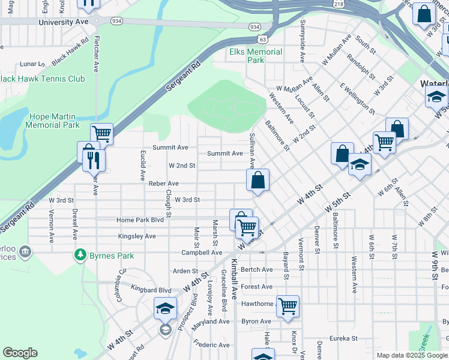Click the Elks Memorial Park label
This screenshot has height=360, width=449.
pyautogui.click(x=256, y=56)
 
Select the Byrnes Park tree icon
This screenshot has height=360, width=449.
pyautogui.click(x=80, y=255)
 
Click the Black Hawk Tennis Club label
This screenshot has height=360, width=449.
pyautogui.click(x=51, y=79)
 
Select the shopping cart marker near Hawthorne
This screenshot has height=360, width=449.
pyautogui.click(x=288, y=306)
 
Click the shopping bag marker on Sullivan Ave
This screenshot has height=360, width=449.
pyautogui.click(x=258, y=179)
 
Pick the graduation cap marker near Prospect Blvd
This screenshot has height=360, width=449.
pyautogui.click(x=165, y=308)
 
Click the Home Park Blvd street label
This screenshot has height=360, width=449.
pyautogui.click(x=140, y=220)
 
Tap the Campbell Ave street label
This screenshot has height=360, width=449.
pyautogui.click(x=202, y=253)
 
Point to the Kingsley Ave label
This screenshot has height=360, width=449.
pyautogui.click(x=137, y=236)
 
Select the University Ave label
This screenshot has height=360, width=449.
pyautogui.click(x=63, y=22)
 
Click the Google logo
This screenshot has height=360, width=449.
pyautogui.click(x=20, y=353)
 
